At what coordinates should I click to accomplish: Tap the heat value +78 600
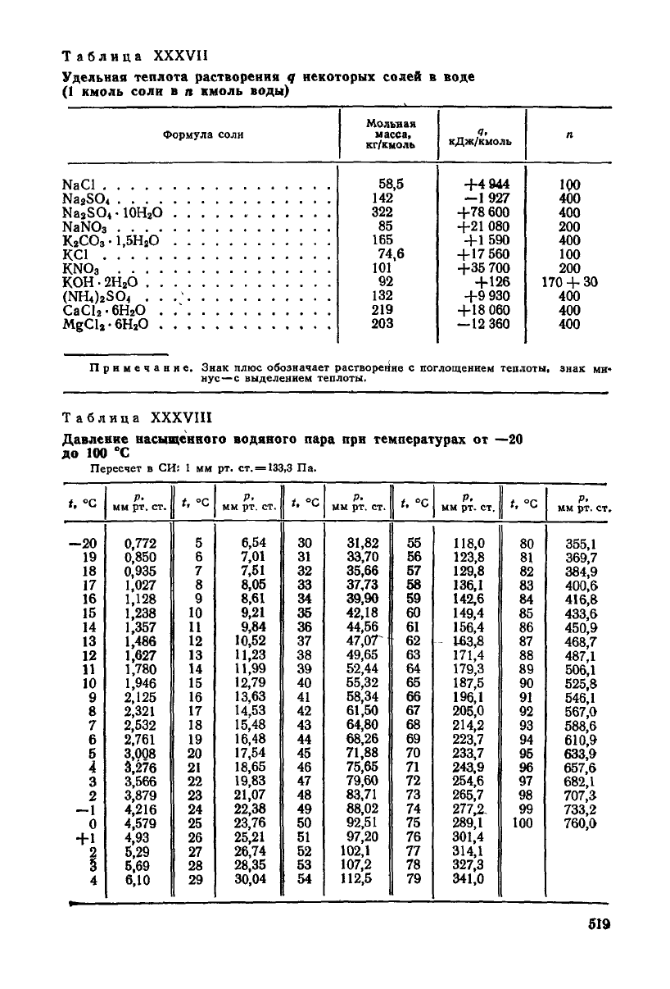point(483,212)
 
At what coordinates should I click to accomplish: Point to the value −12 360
point(483,324)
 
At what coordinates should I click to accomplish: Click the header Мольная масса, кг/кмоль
point(389,134)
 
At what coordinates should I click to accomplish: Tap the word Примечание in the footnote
point(140,370)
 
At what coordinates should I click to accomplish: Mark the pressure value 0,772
point(139,543)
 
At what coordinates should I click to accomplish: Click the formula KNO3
point(80,268)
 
